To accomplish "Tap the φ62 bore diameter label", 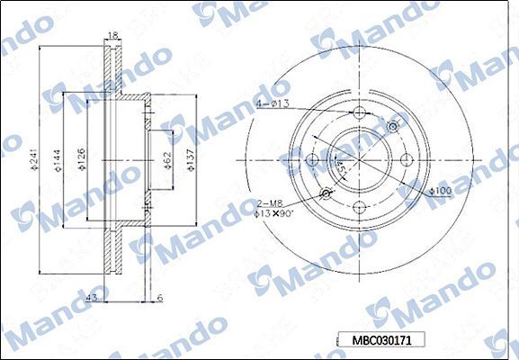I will pos(168,159).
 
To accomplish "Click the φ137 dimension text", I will pos(190,159).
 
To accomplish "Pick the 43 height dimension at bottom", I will pos(93,297).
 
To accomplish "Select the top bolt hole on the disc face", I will pos(359,113).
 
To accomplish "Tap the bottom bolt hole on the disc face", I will pos(359,206).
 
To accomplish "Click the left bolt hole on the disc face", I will pos(313,160).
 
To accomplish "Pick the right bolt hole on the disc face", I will pos(406,160).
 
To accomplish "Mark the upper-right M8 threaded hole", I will pos(392,127).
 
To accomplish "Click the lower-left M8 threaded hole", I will pos(326,193).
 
